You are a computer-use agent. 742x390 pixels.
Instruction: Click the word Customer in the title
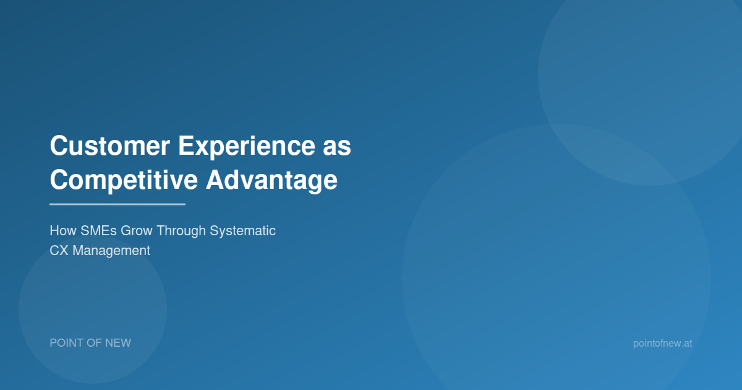109,145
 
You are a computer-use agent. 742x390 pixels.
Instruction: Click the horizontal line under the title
117,204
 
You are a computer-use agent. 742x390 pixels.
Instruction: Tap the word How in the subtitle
63,230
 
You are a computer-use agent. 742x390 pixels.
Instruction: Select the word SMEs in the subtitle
98,230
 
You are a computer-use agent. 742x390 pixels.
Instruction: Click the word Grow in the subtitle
136,230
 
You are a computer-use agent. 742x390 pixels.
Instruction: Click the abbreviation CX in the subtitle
59,250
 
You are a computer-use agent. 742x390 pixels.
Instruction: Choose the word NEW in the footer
118,343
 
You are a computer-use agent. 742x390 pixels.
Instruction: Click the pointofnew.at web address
662,343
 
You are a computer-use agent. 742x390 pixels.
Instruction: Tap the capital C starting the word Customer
59,145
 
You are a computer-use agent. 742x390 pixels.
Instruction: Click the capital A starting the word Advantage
216,180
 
